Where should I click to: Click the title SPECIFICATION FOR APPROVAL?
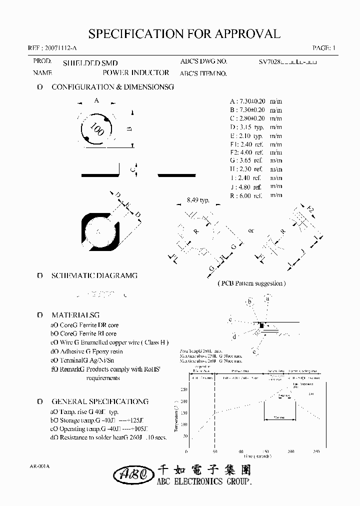(x=184, y=34)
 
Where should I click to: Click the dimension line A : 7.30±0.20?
(x=249, y=100)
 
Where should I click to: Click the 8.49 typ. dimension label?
(x=197, y=200)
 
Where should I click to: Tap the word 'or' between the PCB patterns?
(x=251, y=230)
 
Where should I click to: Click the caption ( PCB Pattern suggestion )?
(x=251, y=283)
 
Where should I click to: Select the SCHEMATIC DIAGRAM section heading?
(x=94, y=275)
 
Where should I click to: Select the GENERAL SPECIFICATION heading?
(x=100, y=401)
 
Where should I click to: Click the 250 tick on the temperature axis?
(x=183, y=389)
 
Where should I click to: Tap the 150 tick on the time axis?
(x=265, y=451)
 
